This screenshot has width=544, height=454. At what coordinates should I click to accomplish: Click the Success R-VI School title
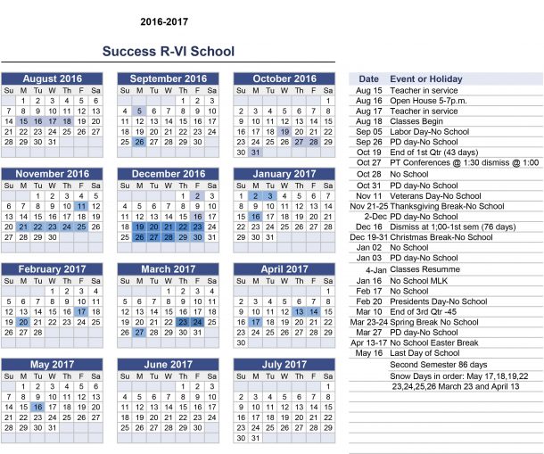[168, 52]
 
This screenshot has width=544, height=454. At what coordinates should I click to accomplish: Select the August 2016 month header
[52, 78]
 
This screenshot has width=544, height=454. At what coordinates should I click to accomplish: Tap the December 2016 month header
[168, 174]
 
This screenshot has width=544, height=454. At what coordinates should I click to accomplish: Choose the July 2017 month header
[284, 364]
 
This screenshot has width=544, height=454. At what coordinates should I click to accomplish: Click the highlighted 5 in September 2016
[139, 111]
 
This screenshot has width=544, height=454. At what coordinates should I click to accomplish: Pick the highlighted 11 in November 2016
[81, 206]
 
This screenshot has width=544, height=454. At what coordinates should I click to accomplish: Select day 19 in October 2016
[284, 131]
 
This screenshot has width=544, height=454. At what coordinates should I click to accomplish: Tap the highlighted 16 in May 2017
[37, 407]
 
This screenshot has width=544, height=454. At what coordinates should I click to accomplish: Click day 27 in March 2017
[139, 332]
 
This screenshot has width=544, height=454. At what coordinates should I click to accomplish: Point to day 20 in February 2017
[23, 322]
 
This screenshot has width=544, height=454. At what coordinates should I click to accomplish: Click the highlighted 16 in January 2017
[255, 217]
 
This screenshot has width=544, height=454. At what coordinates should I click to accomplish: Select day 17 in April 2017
[255, 322]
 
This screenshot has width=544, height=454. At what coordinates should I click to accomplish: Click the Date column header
[368, 78]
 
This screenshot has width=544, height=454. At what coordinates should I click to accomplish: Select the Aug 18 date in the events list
[368, 120]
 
